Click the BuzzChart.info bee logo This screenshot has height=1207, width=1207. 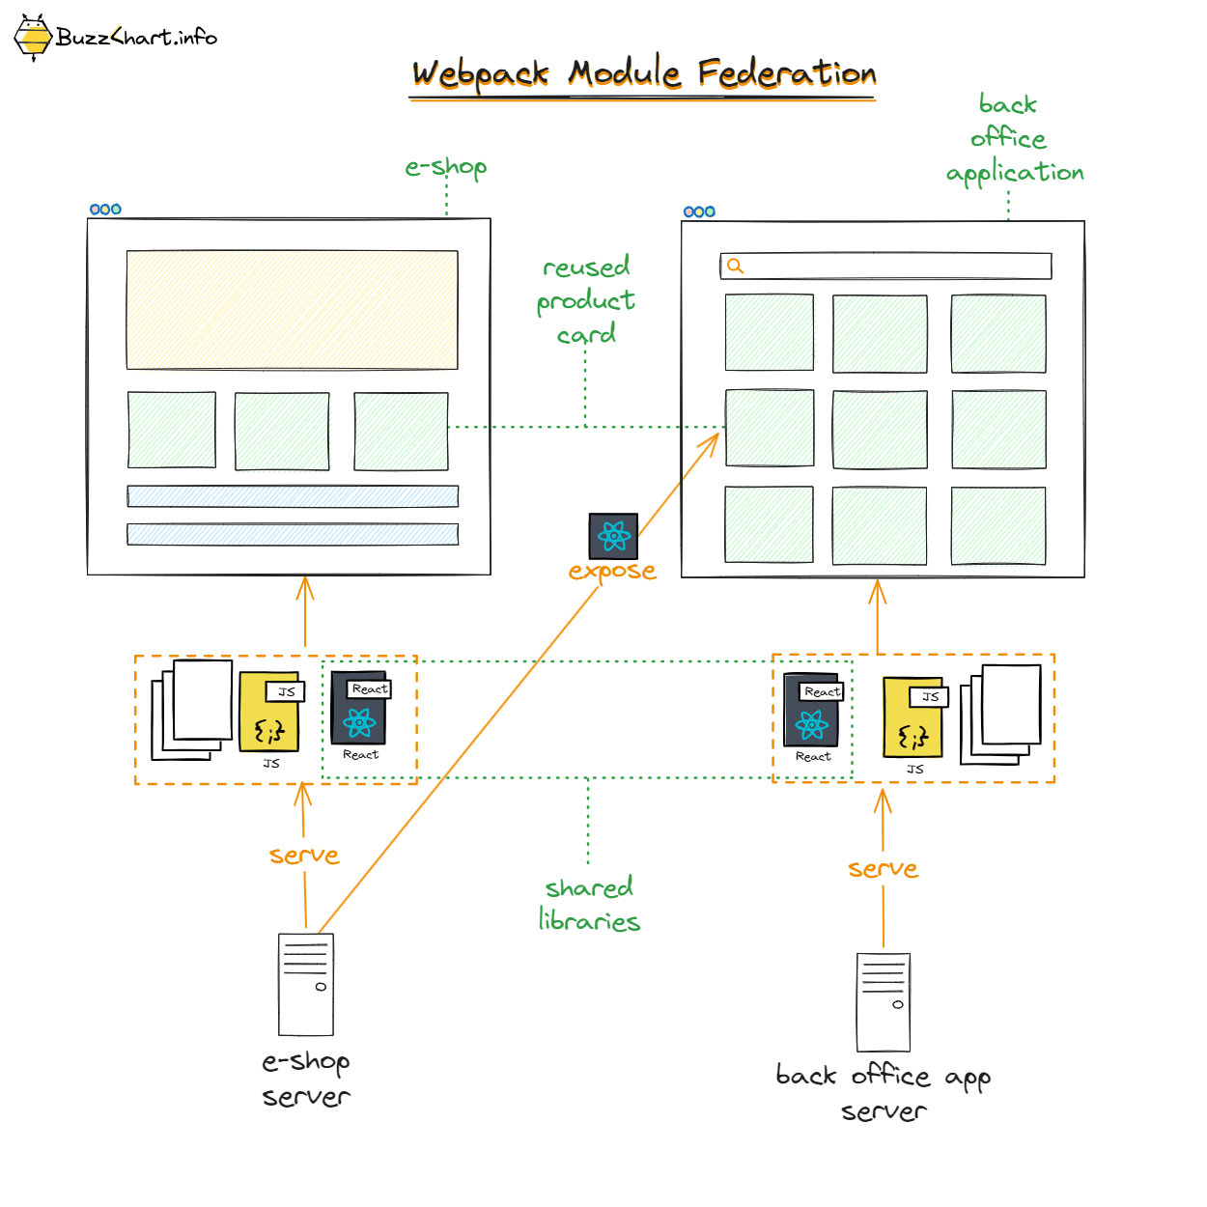tap(33, 38)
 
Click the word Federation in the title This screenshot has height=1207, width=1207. tap(786, 74)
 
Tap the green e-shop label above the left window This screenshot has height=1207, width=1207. tap(446, 167)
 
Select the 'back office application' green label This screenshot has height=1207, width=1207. tap(1012, 139)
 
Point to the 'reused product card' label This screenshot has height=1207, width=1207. tap(586, 300)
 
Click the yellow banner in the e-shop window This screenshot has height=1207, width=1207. tap(292, 310)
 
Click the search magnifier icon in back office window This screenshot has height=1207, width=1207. tap(736, 267)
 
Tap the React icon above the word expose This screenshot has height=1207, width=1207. tap(613, 536)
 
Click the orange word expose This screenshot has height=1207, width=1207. tap(612, 571)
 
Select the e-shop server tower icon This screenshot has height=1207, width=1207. tap(306, 984)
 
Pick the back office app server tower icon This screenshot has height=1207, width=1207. tap(884, 1002)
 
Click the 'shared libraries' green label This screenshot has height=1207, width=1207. tap(589, 904)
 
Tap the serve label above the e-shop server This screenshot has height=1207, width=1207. tap(304, 856)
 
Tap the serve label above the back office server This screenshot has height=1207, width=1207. tap(883, 869)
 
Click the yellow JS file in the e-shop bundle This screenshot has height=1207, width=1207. tap(270, 715)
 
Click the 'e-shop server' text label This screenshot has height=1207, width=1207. tap(306, 1079)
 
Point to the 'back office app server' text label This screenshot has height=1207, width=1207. tap(883, 1092)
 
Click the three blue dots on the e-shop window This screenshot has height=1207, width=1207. tap(105, 210)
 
